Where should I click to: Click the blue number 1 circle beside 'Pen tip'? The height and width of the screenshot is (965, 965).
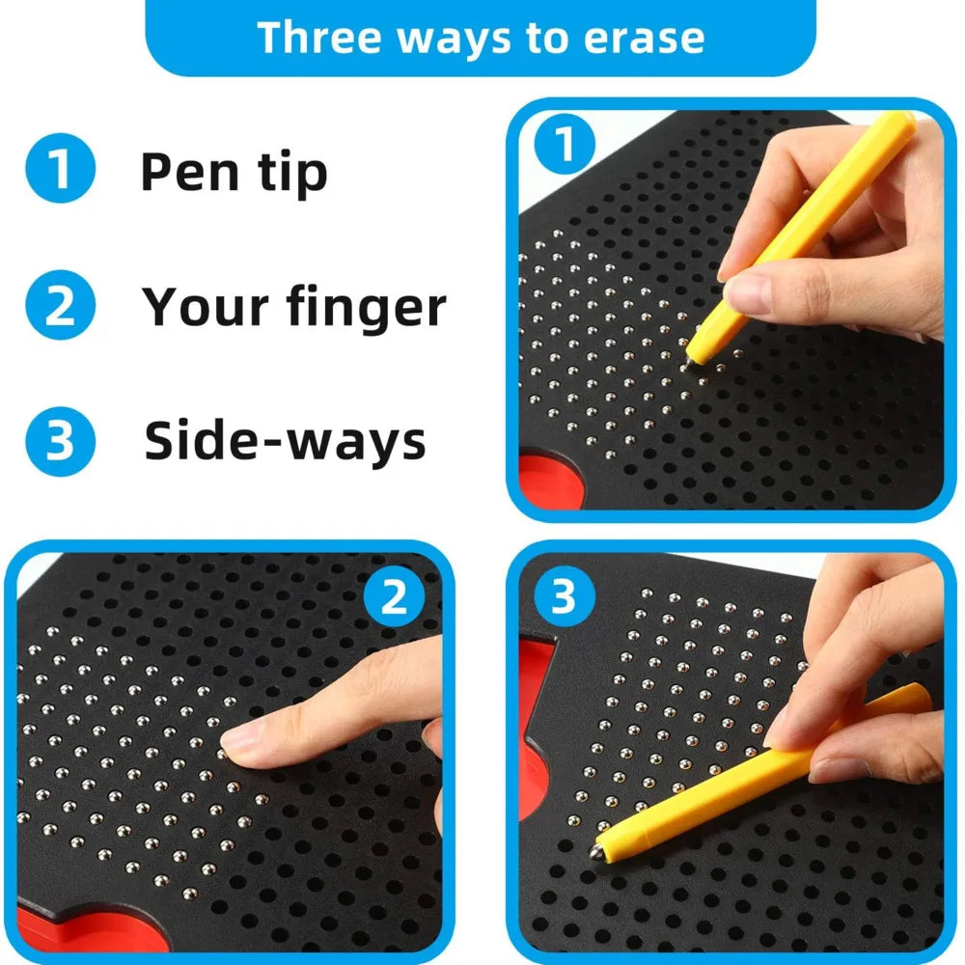click(60, 169)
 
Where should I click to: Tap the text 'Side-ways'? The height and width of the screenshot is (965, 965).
click(285, 441)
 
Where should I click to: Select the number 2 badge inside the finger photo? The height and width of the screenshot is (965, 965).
click(394, 599)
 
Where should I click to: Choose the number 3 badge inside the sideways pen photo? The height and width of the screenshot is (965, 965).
click(563, 597)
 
